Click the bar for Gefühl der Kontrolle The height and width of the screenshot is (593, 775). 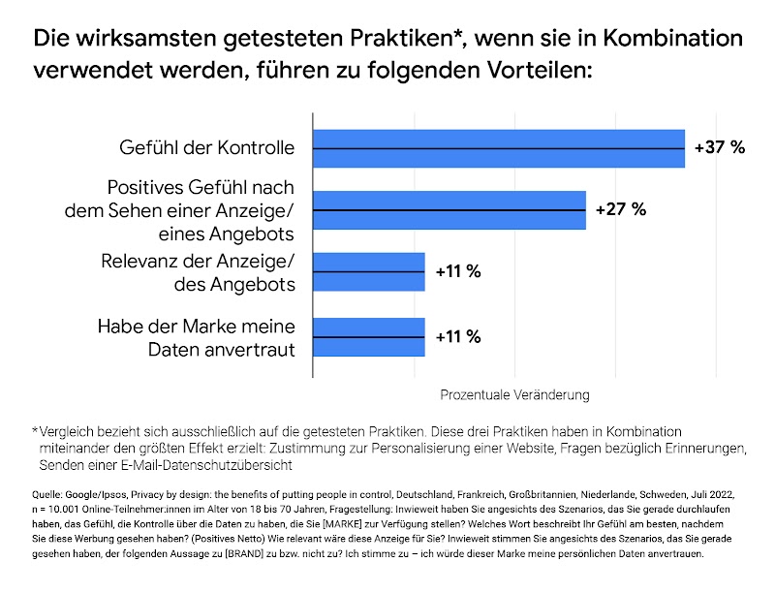tap(498, 148)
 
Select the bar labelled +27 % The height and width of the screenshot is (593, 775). tap(449, 209)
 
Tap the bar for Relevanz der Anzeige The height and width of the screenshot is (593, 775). tap(368, 271)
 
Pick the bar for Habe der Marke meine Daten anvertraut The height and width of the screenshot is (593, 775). tap(368, 337)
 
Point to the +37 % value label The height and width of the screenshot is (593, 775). tap(720, 148)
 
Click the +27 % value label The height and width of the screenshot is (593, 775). tap(620, 209)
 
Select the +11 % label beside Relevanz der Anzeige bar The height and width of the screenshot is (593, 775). tap(457, 271)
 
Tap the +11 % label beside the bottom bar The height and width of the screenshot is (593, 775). tap(457, 337)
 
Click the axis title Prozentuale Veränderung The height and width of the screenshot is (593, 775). tap(514, 395)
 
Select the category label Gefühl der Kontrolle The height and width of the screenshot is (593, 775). tap(206, 148)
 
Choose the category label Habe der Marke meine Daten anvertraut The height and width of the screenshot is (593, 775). tap(196, 337)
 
